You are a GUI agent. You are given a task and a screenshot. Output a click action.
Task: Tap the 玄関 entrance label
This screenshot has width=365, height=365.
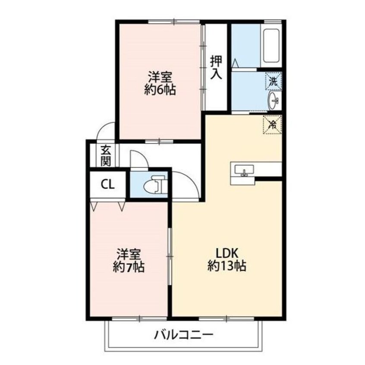(x=106, y=156)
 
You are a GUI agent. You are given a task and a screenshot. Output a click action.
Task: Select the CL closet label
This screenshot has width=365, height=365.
(x=107, y=185)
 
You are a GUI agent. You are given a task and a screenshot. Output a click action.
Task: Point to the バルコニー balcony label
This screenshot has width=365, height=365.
(x=184, y=335)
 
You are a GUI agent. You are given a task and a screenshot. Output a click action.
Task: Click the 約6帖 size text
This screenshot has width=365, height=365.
(x=160, y=91)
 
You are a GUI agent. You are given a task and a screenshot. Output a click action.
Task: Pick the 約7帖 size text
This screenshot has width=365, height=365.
(x=129, y=267)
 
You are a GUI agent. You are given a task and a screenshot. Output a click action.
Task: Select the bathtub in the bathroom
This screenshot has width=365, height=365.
(x=272, y=45)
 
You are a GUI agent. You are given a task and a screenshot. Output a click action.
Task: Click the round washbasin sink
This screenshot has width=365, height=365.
(x=273, y=101)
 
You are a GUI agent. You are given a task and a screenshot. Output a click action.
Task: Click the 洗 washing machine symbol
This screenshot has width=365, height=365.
(x=273, y=80)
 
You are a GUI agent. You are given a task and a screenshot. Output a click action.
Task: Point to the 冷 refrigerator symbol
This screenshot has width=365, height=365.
(x=273, y=125)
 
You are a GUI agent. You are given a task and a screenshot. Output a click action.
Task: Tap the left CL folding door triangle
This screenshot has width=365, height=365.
(x=94, y=206)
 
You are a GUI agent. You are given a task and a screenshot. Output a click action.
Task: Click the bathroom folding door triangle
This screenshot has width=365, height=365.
(x=235, y=63)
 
